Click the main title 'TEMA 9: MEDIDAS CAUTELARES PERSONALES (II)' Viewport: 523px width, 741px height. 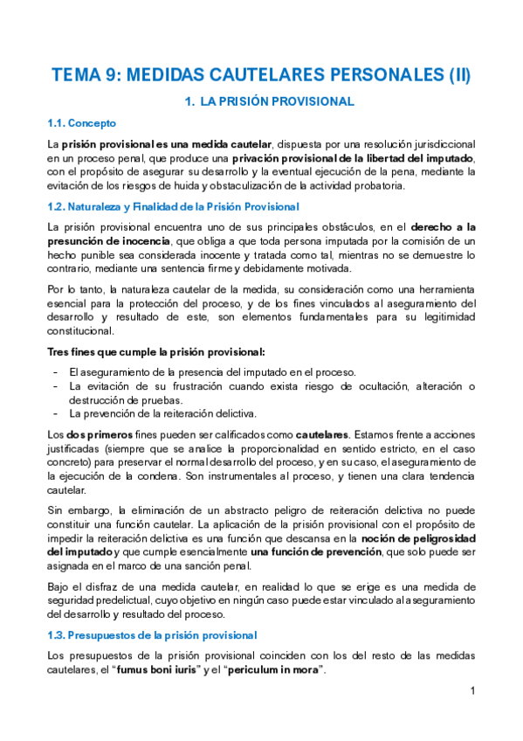click(x=261, y=75)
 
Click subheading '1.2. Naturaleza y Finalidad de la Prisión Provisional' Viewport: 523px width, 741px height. click(x=173, y=207)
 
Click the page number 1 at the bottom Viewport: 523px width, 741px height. click(x=471, y=691)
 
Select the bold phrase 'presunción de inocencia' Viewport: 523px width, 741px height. click(x=96, y=240)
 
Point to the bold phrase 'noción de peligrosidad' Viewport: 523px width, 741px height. click(x=417, y=538)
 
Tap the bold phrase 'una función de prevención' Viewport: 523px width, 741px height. click(x=311, y=552)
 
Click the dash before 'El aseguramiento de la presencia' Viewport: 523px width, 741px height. click(x=56, y=371)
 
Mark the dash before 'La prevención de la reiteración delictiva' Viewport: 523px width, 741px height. click(x=56, y=413)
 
